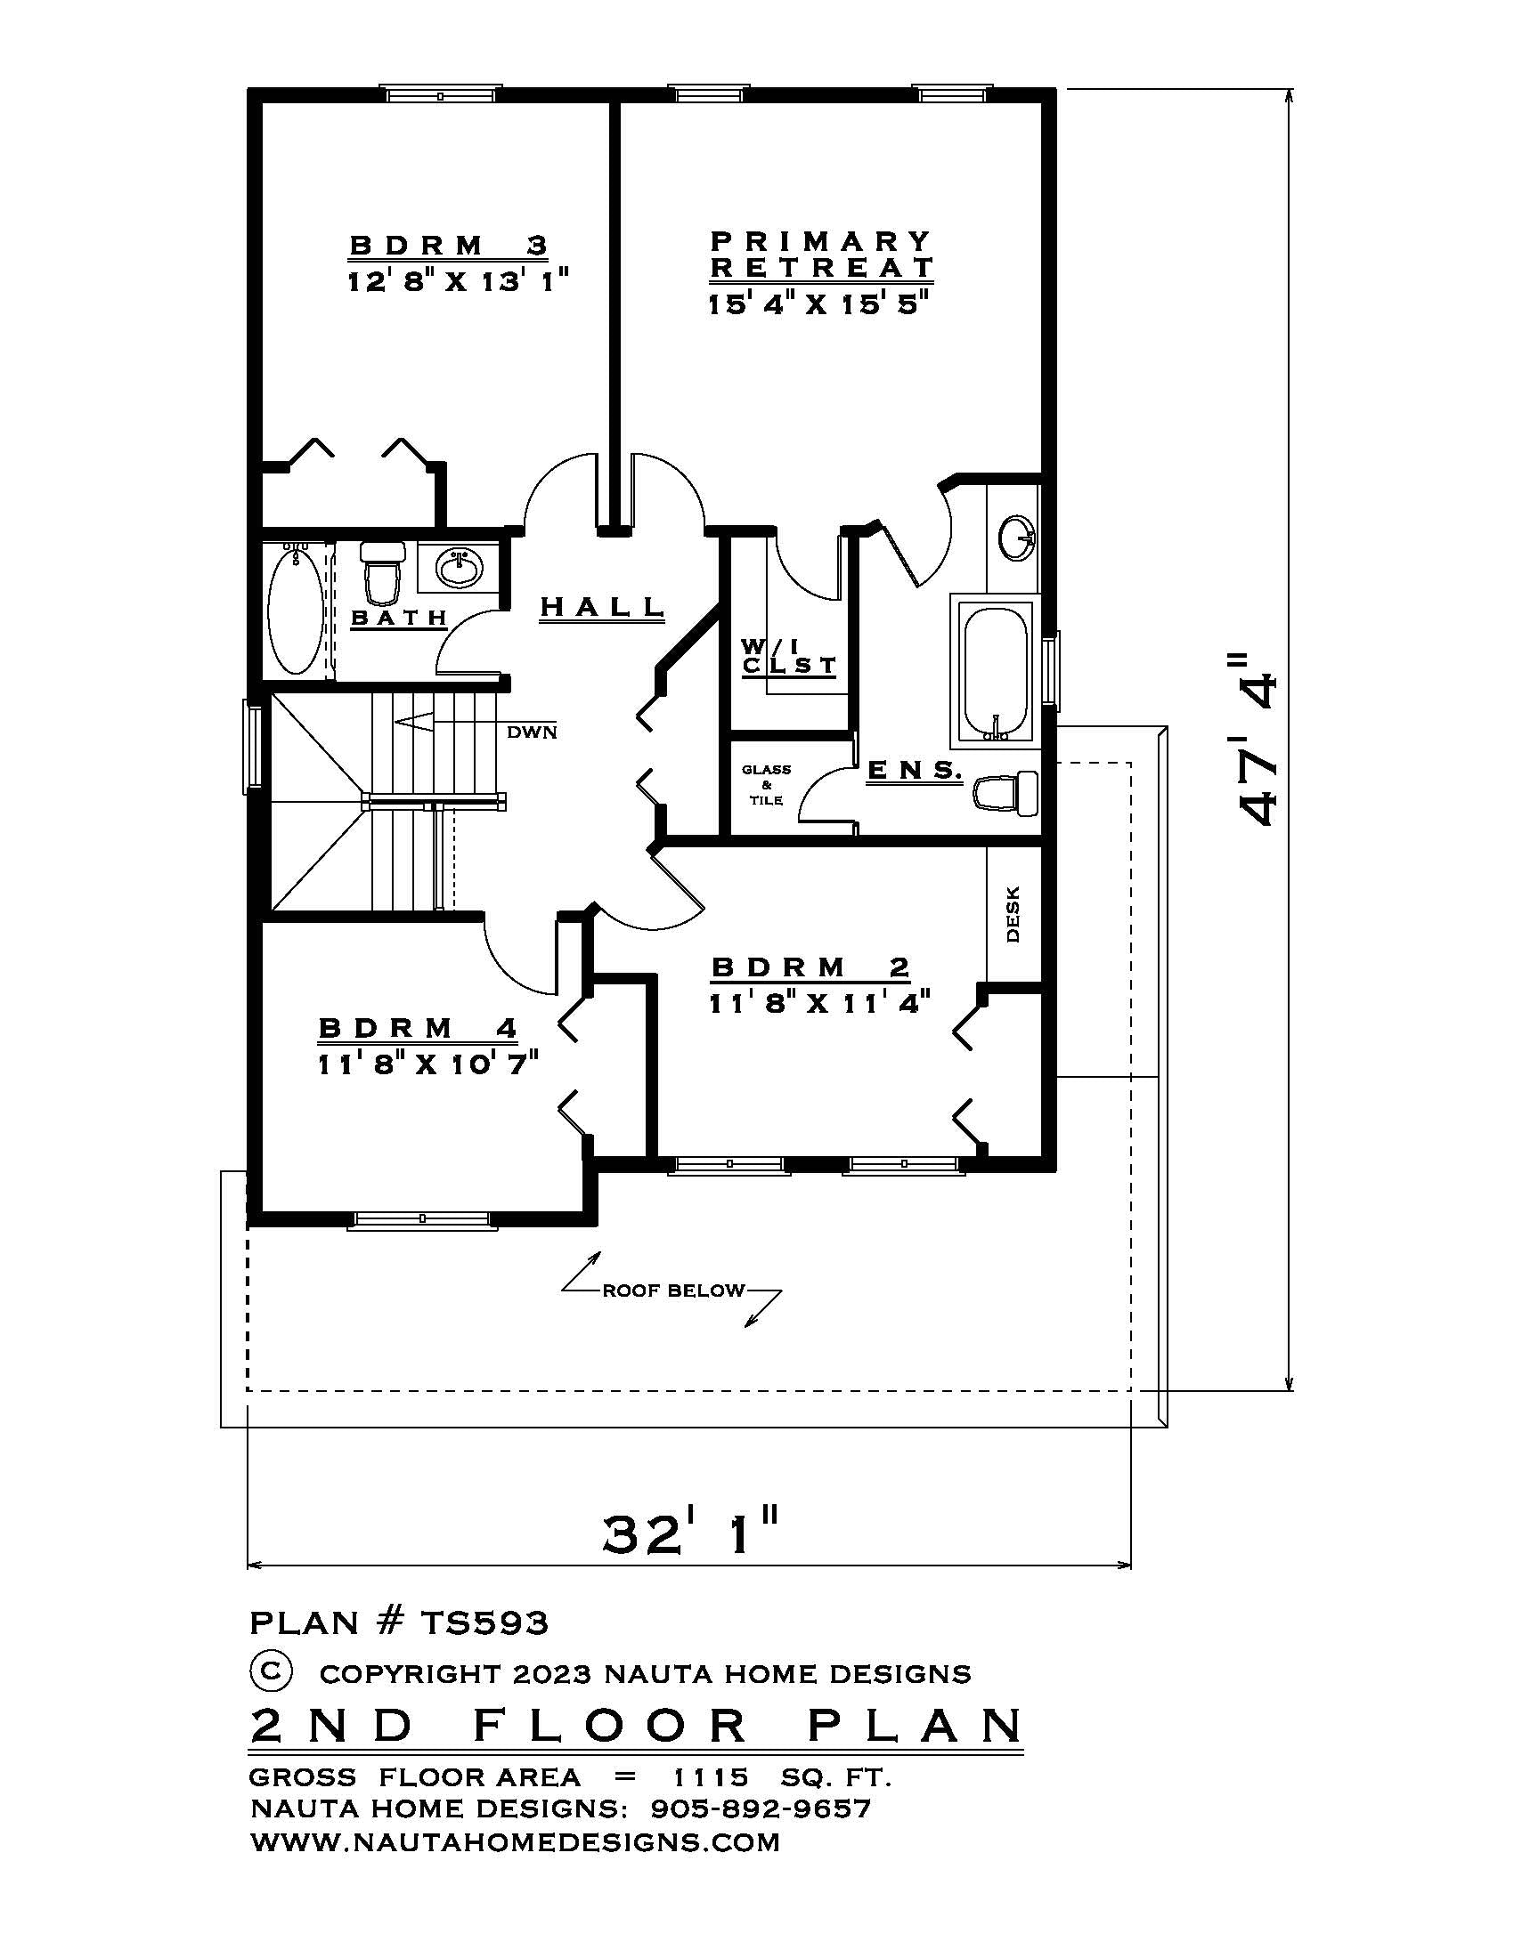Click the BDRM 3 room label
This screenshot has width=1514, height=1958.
click(448, 245)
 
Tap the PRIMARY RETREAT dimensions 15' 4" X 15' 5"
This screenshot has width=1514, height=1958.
click(816, 303)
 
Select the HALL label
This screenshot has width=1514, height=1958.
click(601, 607)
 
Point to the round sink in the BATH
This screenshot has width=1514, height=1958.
click(460, 568)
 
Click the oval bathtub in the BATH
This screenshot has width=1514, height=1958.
click(295, 611)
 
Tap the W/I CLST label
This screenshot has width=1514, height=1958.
click(787, 657)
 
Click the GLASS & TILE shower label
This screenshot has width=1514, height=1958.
click(766, 784)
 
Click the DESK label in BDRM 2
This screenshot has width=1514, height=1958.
click(1013, 914)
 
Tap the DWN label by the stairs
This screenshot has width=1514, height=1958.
click(532, 732)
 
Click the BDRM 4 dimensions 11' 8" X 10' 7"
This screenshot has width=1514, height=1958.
click(428, 1064)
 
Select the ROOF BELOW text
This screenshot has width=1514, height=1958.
click(672, 1291)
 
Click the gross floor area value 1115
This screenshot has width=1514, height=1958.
click(711, 1776)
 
